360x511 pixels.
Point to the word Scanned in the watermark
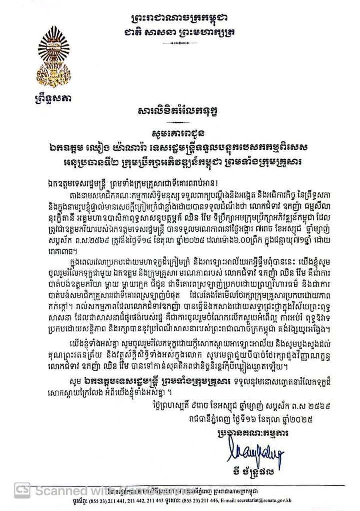(52, 491)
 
